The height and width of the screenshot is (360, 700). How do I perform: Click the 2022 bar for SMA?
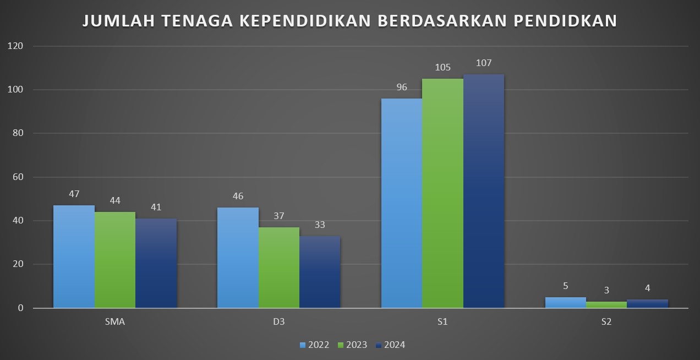point(74,257)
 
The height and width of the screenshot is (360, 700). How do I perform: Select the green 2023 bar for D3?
point(279,268)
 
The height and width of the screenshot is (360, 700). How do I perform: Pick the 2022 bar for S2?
point(566,303)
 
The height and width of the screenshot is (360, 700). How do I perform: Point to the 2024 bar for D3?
point(320,272)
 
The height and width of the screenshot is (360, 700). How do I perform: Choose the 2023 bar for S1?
point(442,193)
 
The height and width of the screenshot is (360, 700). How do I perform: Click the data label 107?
point(484,63)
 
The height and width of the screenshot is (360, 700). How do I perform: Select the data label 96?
point(402,87)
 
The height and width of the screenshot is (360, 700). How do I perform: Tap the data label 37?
point(279,216)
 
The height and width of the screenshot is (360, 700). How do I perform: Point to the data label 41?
point(156,207)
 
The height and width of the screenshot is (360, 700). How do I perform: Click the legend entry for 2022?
point(314,345)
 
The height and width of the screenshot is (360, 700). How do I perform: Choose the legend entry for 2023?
point(352,345)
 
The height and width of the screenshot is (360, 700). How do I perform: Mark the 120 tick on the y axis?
point(16,46)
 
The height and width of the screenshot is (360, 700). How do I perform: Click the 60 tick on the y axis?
point(18,177)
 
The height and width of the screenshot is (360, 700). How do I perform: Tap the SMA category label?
point(114,322)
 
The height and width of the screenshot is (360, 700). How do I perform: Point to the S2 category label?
point(606,322)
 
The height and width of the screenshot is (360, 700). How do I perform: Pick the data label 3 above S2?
point(606,290)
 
